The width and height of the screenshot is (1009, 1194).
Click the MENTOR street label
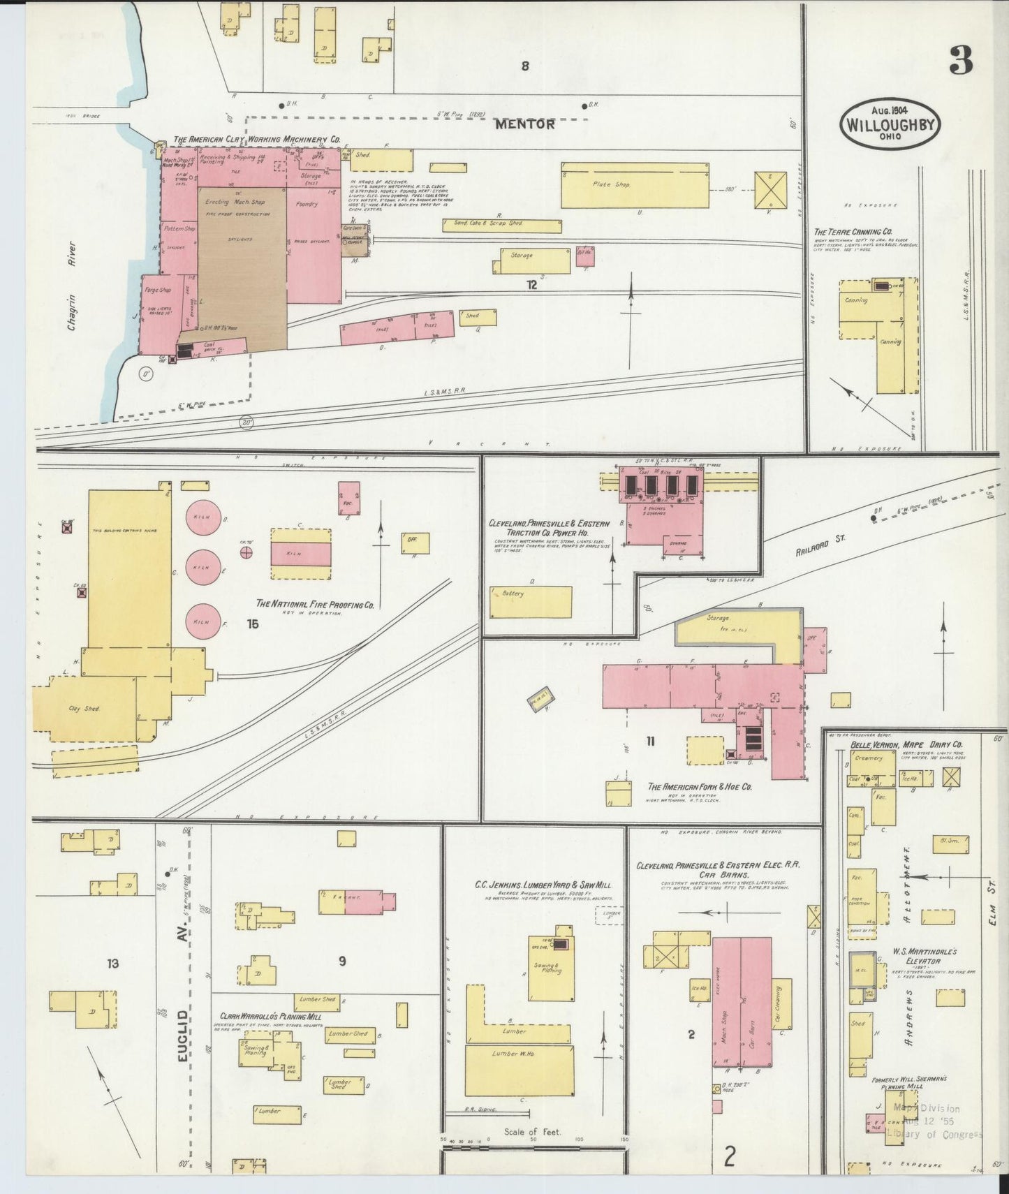(x=526, y=124)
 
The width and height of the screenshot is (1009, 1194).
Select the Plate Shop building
(x=635, y=185)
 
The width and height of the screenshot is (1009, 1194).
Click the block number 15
(x=252, y=624)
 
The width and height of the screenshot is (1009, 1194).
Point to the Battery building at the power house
(x=530, y=601)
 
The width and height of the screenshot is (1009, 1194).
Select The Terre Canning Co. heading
(x=853, y=231)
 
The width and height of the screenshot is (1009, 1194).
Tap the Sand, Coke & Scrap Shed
(x=501, y=226)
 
